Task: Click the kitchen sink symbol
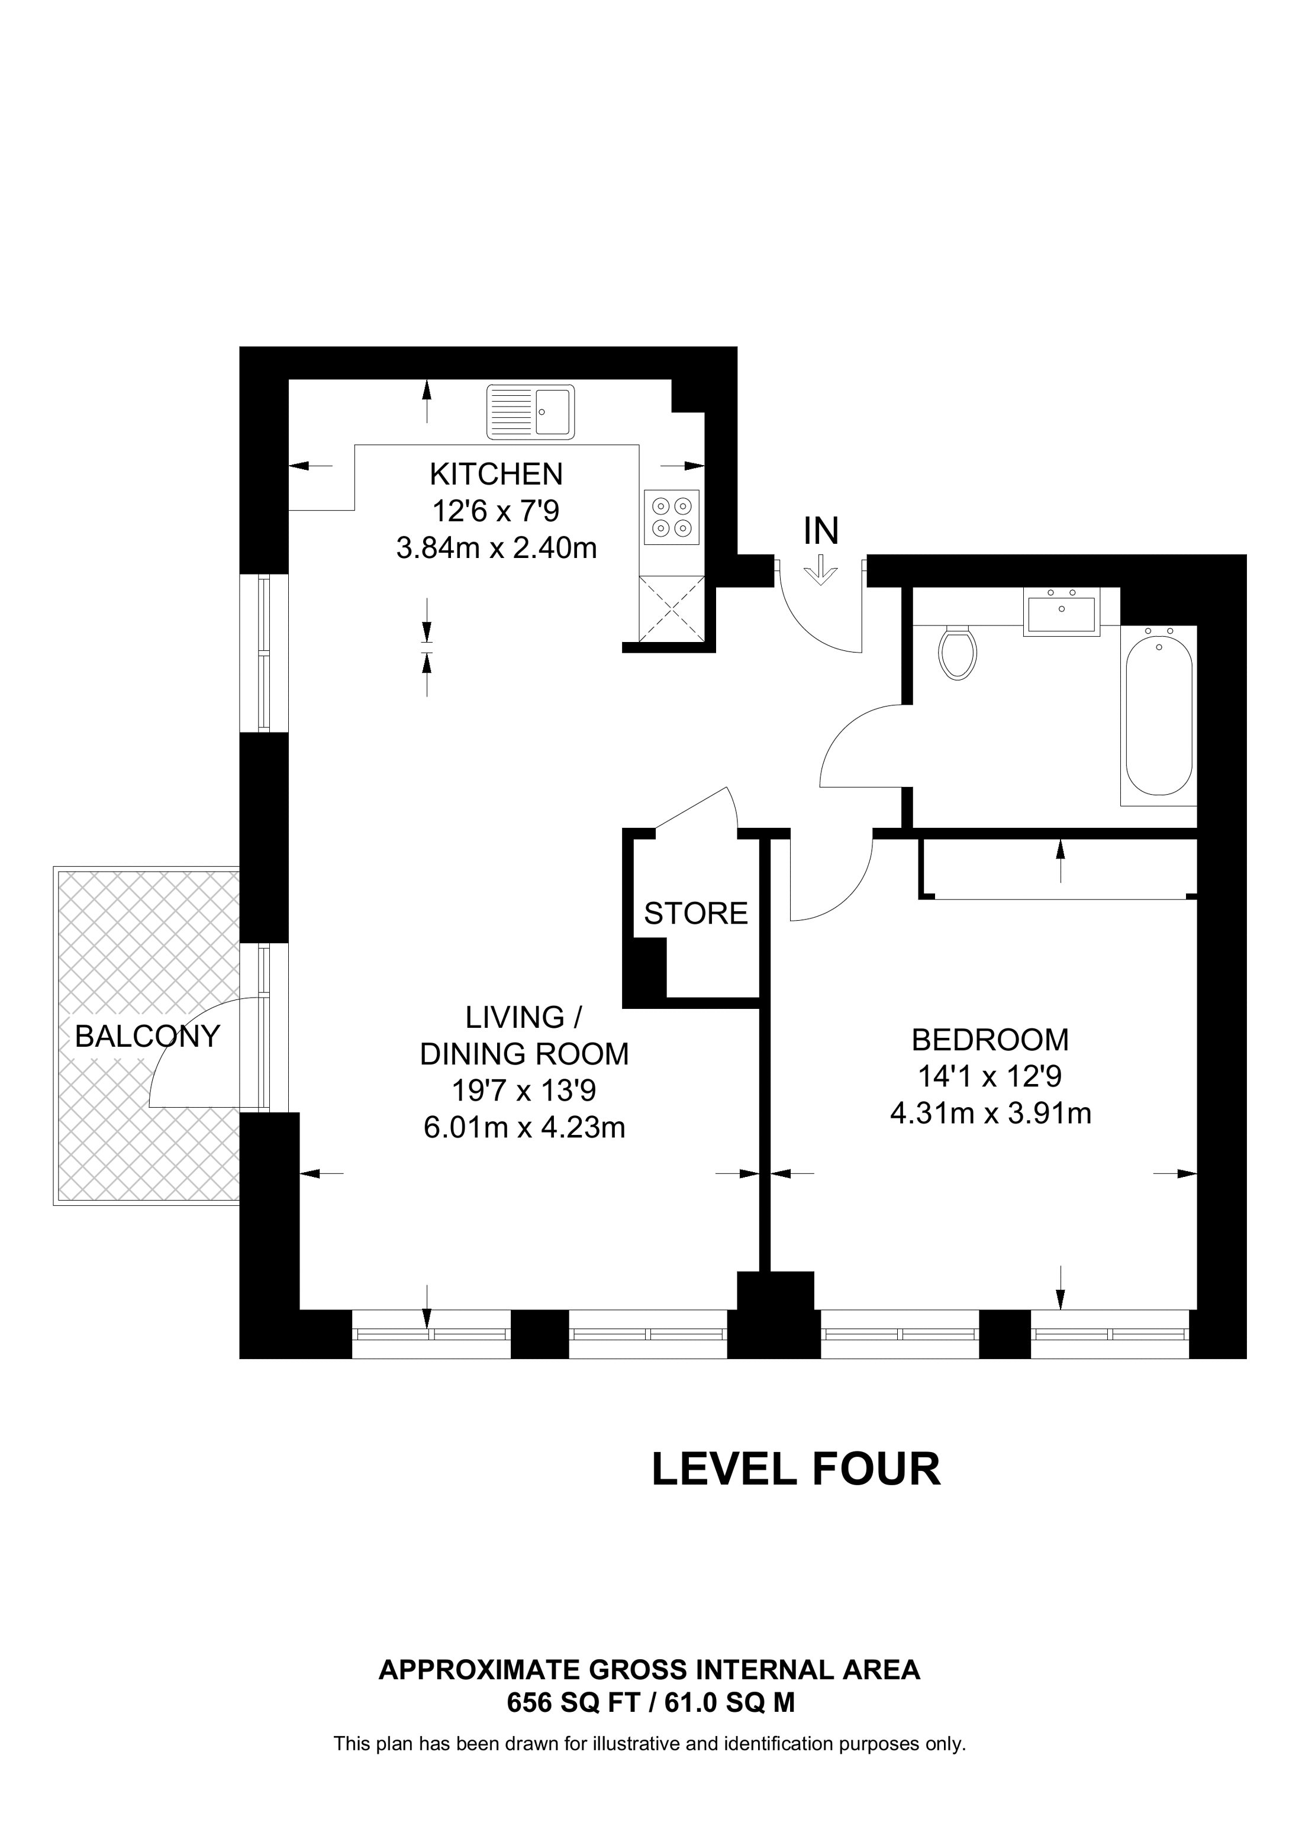click(530, 412)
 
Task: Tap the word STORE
click(695, 913)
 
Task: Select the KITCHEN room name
click(496, 474)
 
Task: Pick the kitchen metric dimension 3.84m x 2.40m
click(497, 549)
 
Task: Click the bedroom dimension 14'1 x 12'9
click(990, 1076)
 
